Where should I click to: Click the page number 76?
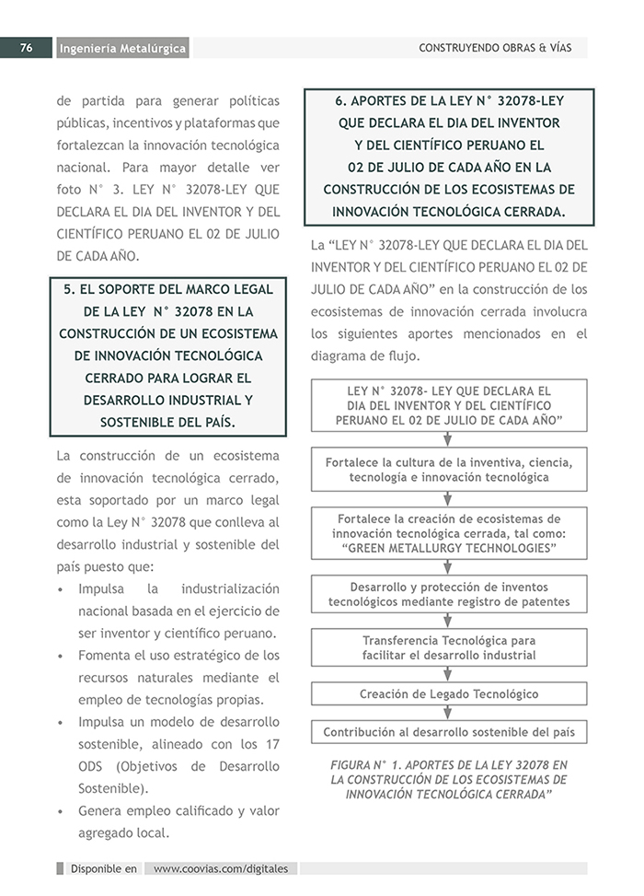27,48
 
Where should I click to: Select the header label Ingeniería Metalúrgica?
121,49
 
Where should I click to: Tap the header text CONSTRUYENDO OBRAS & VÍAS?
495,48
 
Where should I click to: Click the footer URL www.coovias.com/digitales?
221,868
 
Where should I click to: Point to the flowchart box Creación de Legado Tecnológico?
448,693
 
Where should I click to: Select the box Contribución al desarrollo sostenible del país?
448,732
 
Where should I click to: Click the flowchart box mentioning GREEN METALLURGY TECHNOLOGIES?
448,533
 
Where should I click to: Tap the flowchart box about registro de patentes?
448,594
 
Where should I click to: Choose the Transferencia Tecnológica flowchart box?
448,647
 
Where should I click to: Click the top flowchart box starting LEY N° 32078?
448,405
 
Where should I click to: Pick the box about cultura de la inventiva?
448,470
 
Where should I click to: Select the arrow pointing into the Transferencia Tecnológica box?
448,622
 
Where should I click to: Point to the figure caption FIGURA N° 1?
448,779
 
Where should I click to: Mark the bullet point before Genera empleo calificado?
60,812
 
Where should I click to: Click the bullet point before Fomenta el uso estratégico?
60,657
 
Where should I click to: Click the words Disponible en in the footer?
103,868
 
